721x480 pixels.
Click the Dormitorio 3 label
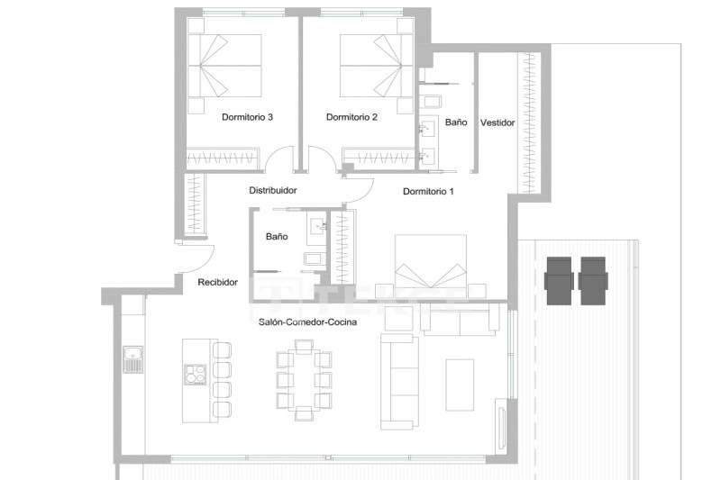tap(247, 117)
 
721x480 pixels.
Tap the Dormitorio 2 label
tap(351, 117)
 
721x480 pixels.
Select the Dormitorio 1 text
tap(429, 191)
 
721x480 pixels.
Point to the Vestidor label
tap(497, 122)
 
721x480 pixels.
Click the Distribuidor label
tap(273, 190)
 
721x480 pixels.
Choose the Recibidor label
tap(217, 282)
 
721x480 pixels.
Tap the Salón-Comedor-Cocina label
tap(307, 322)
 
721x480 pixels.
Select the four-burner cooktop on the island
tap(196, 375)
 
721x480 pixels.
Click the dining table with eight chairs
tap(304, 379)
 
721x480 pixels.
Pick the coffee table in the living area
tap(460, 385)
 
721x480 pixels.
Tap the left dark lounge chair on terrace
tap(559, 281)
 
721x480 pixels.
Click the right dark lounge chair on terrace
tap(593, 281)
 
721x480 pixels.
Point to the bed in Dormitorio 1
tap(431, 266)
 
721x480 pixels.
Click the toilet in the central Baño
tap(315, 258)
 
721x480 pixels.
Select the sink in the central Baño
tap(318, 226)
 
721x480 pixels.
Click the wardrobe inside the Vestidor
tap(529, 122)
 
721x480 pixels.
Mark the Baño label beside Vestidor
tap(456, 122)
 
